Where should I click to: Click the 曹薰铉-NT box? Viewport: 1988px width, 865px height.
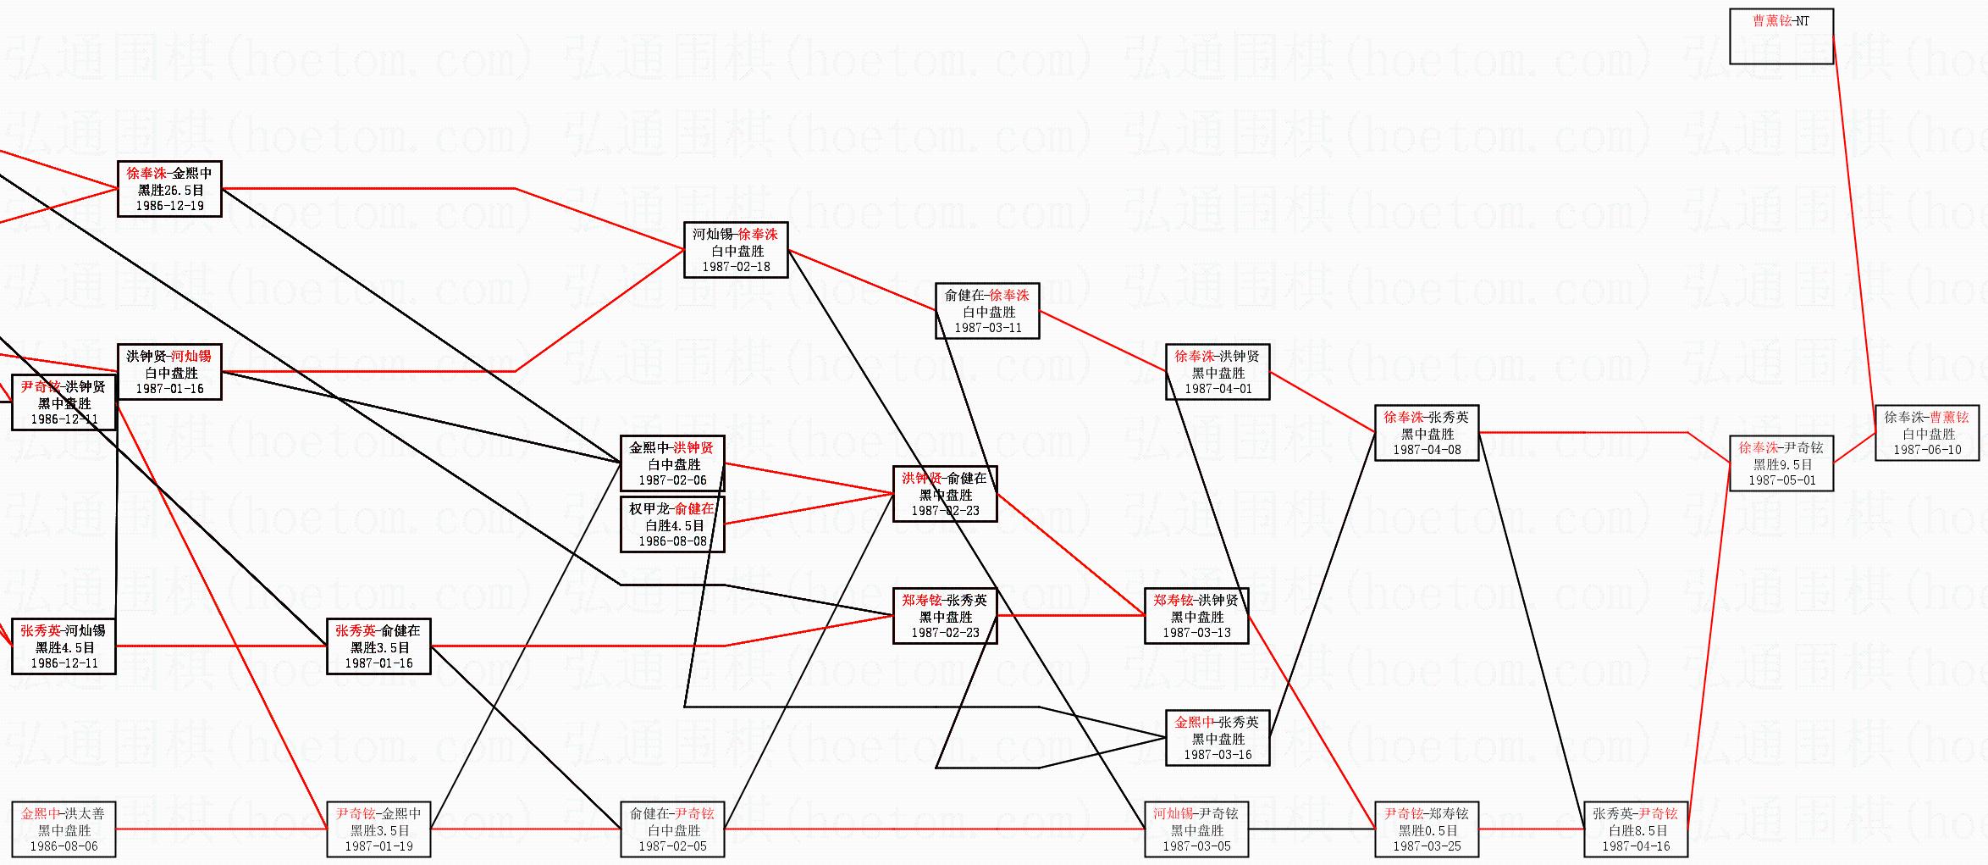pos(1781,36)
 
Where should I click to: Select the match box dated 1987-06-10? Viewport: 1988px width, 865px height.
pos(1927,434)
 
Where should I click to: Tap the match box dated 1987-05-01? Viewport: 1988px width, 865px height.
pos(1781,464)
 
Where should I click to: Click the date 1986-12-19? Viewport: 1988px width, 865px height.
pos(169,206)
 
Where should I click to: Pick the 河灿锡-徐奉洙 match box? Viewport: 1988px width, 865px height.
pos(736,250)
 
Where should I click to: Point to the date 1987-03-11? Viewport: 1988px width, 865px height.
pos(987,328)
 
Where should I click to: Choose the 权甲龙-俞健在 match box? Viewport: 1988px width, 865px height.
pos(672,525)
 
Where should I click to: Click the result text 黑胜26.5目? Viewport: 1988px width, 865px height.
pos(169,190)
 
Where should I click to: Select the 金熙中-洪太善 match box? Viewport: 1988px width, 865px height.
pos(64,829)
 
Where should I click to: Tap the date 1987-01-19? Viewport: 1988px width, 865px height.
pos(378,846)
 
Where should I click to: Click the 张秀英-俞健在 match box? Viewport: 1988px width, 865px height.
pos(378,646)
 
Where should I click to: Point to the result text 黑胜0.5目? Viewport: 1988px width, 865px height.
pos(1427,830)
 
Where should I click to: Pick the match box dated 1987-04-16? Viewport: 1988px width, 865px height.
pos(1636,829)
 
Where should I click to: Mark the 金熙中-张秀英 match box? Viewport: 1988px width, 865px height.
pos(1218,738)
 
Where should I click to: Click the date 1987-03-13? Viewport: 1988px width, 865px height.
pos(1196,633)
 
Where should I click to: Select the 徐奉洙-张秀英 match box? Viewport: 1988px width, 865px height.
pos(1427,433)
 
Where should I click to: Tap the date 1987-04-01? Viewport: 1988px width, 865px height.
pos(1218,389)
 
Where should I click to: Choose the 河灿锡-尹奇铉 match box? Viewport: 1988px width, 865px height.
pos(1196,829)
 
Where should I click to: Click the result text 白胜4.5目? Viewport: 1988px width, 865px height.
pos(672,525)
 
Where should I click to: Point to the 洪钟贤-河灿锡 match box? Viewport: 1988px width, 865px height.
pos(169,372)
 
